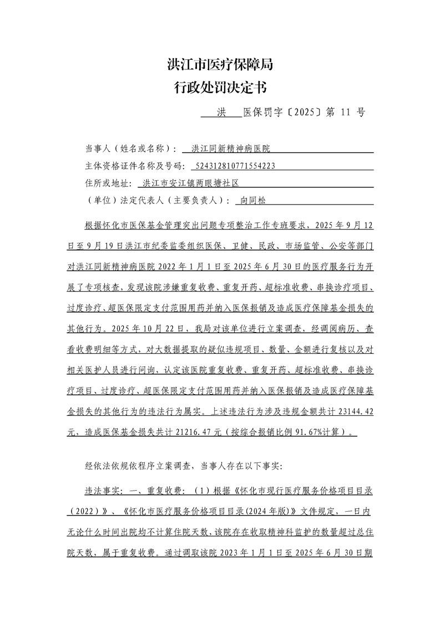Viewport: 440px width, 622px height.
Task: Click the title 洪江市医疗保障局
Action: pos(220,65)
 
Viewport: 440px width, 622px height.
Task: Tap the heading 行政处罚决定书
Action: pos(220,88)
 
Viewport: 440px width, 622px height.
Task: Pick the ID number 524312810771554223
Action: pos(232,166)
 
